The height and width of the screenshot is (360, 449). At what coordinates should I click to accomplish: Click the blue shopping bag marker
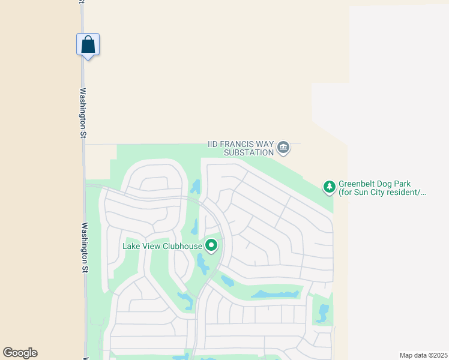click(x=88, y=45)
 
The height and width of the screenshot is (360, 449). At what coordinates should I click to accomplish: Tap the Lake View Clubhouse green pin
click(x=211, y=245)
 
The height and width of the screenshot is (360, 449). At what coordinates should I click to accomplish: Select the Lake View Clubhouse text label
click(x=162, y=246)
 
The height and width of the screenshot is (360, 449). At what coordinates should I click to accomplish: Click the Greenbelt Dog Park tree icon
click(x=329, y=187)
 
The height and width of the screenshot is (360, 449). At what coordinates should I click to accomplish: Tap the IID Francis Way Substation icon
click(x=283, y=146)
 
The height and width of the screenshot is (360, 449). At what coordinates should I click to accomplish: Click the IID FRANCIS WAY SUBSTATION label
click(x=240, y=148)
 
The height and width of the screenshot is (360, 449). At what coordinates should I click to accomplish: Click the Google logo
click(x=20, y=353)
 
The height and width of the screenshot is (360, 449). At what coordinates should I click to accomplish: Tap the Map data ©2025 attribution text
click(x=423, y=355)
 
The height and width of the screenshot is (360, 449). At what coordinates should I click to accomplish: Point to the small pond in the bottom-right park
click(x=323, y=313)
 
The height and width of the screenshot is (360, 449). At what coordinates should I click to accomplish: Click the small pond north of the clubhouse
click(x=195, y=187)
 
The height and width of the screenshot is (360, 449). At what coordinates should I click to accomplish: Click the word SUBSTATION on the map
click(x=249, y=152)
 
